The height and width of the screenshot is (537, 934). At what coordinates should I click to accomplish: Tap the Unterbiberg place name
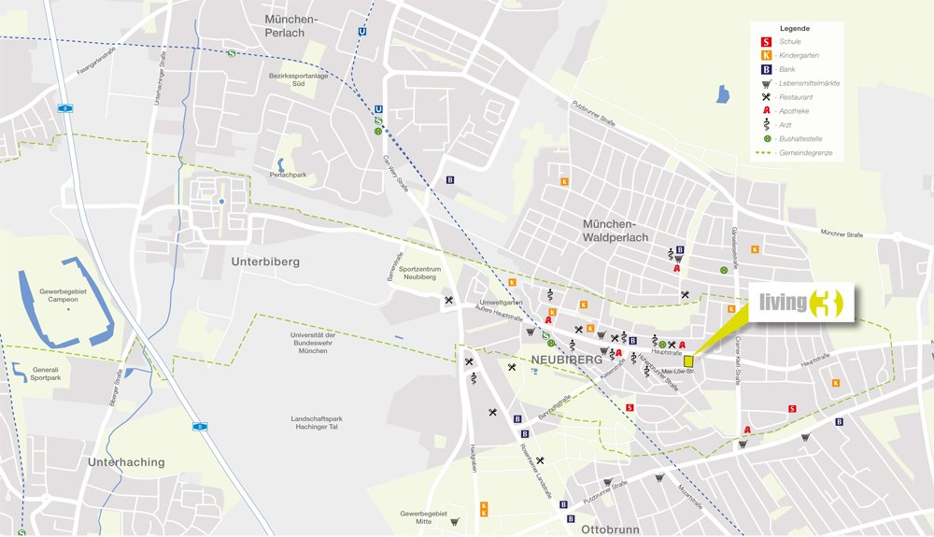click(x=265, y=262)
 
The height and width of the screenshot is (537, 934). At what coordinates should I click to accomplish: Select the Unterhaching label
click(x=126, y=461)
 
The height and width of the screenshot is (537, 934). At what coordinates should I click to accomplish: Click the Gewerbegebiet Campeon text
click(x=63, y=297)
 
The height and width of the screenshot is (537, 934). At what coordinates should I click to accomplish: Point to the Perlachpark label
click(x=288, y=175)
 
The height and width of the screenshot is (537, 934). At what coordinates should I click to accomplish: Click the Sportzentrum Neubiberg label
click(x=417, y=273)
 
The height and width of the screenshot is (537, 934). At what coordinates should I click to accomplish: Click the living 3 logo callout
click(x=800, y=304)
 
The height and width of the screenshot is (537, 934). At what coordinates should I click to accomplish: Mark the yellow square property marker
click(x=688, y=360)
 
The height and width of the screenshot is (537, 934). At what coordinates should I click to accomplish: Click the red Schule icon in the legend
click(x=766, y=42)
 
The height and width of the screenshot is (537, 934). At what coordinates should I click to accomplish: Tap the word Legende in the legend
click(x=795, y=28)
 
